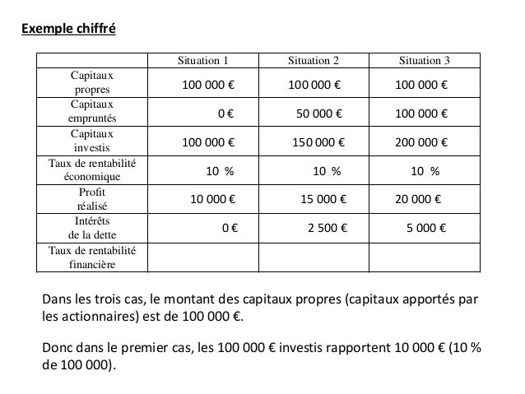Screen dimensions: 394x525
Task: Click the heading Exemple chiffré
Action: tap(68, 31)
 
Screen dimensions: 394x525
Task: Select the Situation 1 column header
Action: tap(203, 60)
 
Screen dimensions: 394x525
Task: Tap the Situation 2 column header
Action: tap(314, 60)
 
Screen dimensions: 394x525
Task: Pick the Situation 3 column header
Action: tap(424, 60)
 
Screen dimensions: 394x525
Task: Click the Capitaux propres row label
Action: tap(91, 83)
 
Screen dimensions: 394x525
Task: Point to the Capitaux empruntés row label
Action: tap(91, 112)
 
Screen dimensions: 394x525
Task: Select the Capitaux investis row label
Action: tap(91, 141)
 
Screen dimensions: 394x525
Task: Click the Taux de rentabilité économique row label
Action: tap(91, 170)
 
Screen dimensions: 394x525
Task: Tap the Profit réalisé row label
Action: tap(91, 199)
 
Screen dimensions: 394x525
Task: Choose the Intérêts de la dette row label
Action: tap(91, 228)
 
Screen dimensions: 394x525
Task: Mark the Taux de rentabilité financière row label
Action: tap(91, 257)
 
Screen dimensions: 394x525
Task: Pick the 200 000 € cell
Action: tap(421, 142)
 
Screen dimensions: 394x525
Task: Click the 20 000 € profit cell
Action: tap(419, 199)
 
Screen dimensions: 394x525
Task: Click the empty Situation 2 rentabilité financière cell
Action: tap(314, 257)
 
